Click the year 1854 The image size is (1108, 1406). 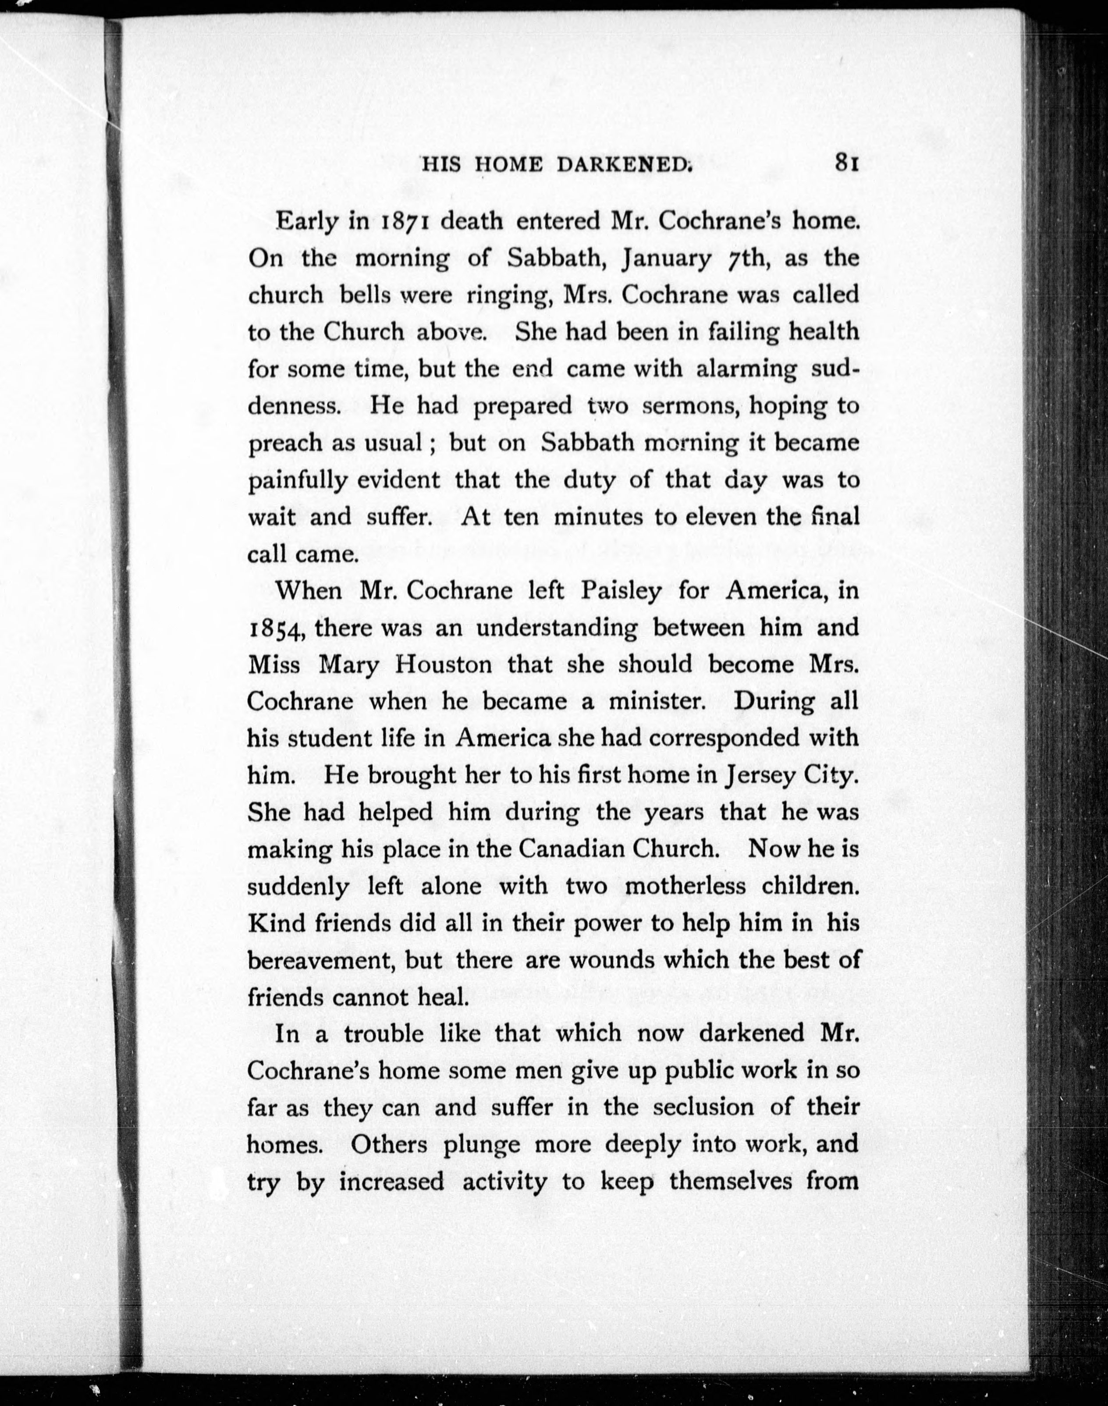point(277,629)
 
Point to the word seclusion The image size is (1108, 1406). point(703,1107)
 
